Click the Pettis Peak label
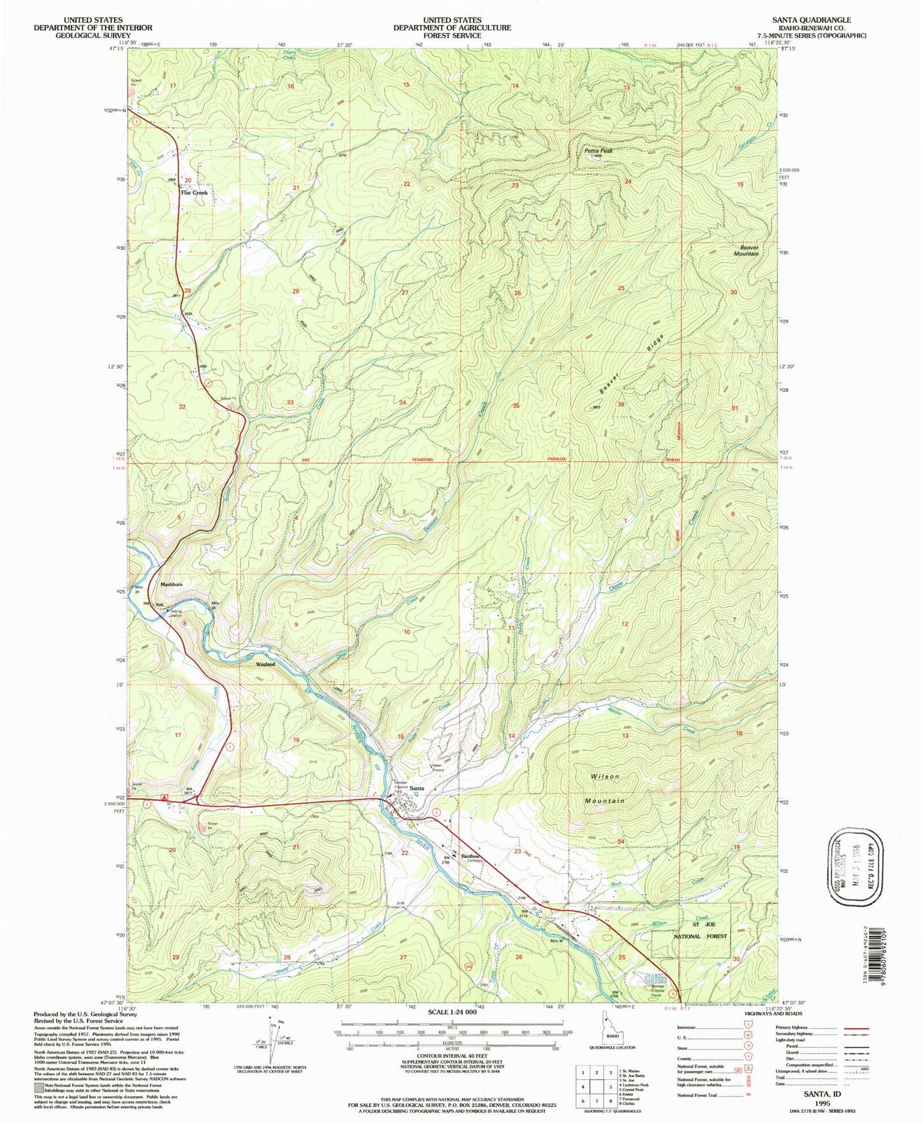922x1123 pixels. click(x=598, y=151)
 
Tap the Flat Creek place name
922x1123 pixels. click(x=194, y=192)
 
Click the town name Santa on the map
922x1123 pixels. click(x=417, y=789)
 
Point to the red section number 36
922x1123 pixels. click(x=620, y=405)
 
